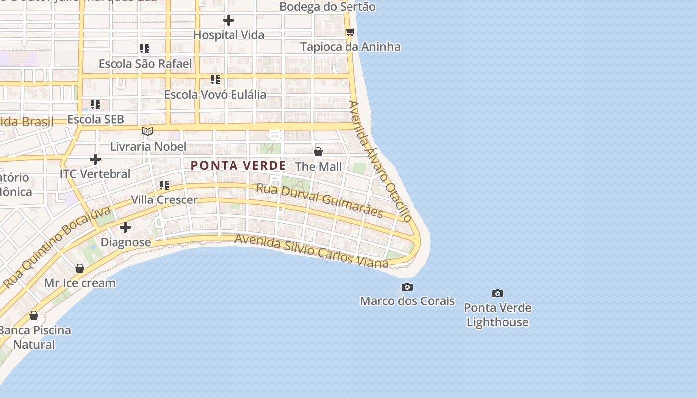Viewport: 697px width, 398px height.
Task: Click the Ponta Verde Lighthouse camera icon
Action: tap(497, 294)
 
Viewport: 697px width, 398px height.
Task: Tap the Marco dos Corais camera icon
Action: tap(407, 287)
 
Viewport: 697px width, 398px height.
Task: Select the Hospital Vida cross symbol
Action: tap(229, 20)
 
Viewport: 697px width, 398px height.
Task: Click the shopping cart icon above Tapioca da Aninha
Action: tap(350, 32)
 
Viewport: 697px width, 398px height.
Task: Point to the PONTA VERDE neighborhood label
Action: tap(238, 166)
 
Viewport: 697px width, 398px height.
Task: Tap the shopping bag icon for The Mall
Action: tap(318, 152)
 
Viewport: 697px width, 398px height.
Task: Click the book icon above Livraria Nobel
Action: tap(147, 132)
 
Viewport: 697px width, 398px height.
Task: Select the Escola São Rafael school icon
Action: tap(145, 49)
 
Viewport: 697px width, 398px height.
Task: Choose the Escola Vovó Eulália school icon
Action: tap(215, 80)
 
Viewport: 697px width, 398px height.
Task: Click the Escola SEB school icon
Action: tap(96, 105)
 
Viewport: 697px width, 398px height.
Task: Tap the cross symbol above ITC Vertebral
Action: tap(95, 159)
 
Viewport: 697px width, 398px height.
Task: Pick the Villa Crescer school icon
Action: tap(164, 186)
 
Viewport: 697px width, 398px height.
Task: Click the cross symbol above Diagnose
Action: tap(125, 228)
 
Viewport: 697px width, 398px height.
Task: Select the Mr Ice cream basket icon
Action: tap(80, 269)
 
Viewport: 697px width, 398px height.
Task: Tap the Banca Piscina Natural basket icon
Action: tap(34, 316)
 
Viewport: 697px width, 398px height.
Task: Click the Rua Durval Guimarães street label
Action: tap(320, 200)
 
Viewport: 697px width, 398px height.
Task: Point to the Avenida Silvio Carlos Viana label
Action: tap(311, 251)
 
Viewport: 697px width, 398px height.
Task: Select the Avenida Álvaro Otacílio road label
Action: tap(380, 161)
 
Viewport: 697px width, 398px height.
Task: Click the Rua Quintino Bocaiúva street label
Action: tap(57, 247)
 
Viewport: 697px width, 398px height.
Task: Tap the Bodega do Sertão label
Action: tap(328, 7)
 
